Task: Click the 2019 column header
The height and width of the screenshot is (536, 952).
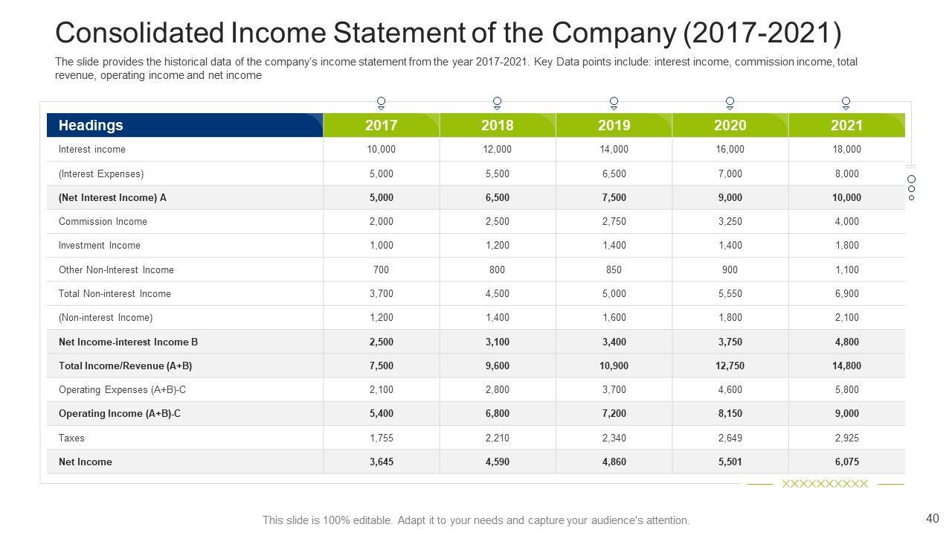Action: tap(614, 125)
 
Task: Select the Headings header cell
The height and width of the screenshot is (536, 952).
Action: tap(91, 125)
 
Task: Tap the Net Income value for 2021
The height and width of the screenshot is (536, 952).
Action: tap(846, 462)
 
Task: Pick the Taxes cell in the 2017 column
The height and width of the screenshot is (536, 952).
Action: tap(381, 438)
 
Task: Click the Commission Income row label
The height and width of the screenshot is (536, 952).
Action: tap(103, 221)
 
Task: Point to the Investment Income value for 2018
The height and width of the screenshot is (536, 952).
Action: tap(497, 245)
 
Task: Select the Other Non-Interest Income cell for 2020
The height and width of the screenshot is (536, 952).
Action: tap(730, 269)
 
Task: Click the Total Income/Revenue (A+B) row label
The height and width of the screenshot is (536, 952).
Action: tap(125, 366)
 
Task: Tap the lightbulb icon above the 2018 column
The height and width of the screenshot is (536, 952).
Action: tap(498, 103)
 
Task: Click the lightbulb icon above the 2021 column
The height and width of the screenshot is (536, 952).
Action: tap(846, 103)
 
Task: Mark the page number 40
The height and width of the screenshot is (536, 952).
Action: tap(933, 519)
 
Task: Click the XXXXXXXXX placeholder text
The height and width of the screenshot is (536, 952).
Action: tap(825, 484)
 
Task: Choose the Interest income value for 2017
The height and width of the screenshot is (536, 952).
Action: tap(381, 149)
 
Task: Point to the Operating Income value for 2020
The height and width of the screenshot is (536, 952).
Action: tap(730, 413)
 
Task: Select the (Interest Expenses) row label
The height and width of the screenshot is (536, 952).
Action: tap(101, 173)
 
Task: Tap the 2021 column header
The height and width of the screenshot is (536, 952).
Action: tap(846, 125)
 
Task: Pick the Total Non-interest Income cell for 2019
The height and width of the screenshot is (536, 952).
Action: tap(614, 293)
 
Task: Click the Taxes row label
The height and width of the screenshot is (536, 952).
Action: tap(71, 438)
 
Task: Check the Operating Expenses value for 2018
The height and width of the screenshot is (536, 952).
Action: tap(497, 389)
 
